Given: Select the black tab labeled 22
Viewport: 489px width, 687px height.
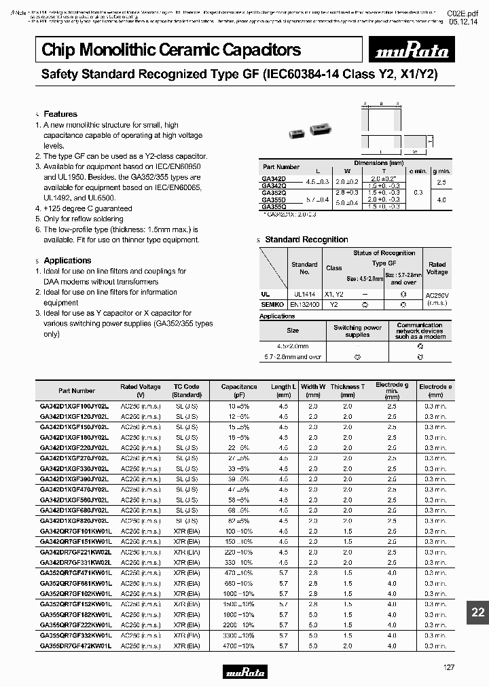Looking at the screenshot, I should (478, 612).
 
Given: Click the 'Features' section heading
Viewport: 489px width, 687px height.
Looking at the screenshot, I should (60, 114).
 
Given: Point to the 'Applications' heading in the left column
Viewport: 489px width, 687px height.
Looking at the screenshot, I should (67, 261).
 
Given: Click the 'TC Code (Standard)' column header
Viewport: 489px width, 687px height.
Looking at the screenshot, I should (187, 390).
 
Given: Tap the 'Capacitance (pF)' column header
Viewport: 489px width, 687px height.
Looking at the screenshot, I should (239, 390).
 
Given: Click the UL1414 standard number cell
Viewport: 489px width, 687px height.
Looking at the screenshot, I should (304, 295).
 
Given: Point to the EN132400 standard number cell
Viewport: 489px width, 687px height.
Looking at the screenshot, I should (304, 305).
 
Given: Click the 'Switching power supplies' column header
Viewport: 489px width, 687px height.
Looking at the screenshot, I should (357, 331).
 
